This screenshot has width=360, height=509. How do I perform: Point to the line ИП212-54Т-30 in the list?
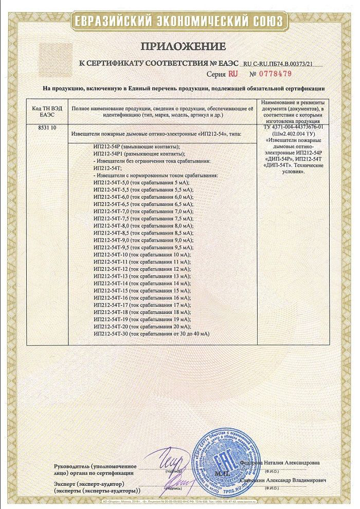pos(152,334)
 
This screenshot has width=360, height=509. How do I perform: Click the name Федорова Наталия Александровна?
pos(283,462)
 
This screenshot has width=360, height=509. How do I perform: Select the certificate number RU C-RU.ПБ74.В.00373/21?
pos(285,63)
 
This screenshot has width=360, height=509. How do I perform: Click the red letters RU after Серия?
pos(232,74)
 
